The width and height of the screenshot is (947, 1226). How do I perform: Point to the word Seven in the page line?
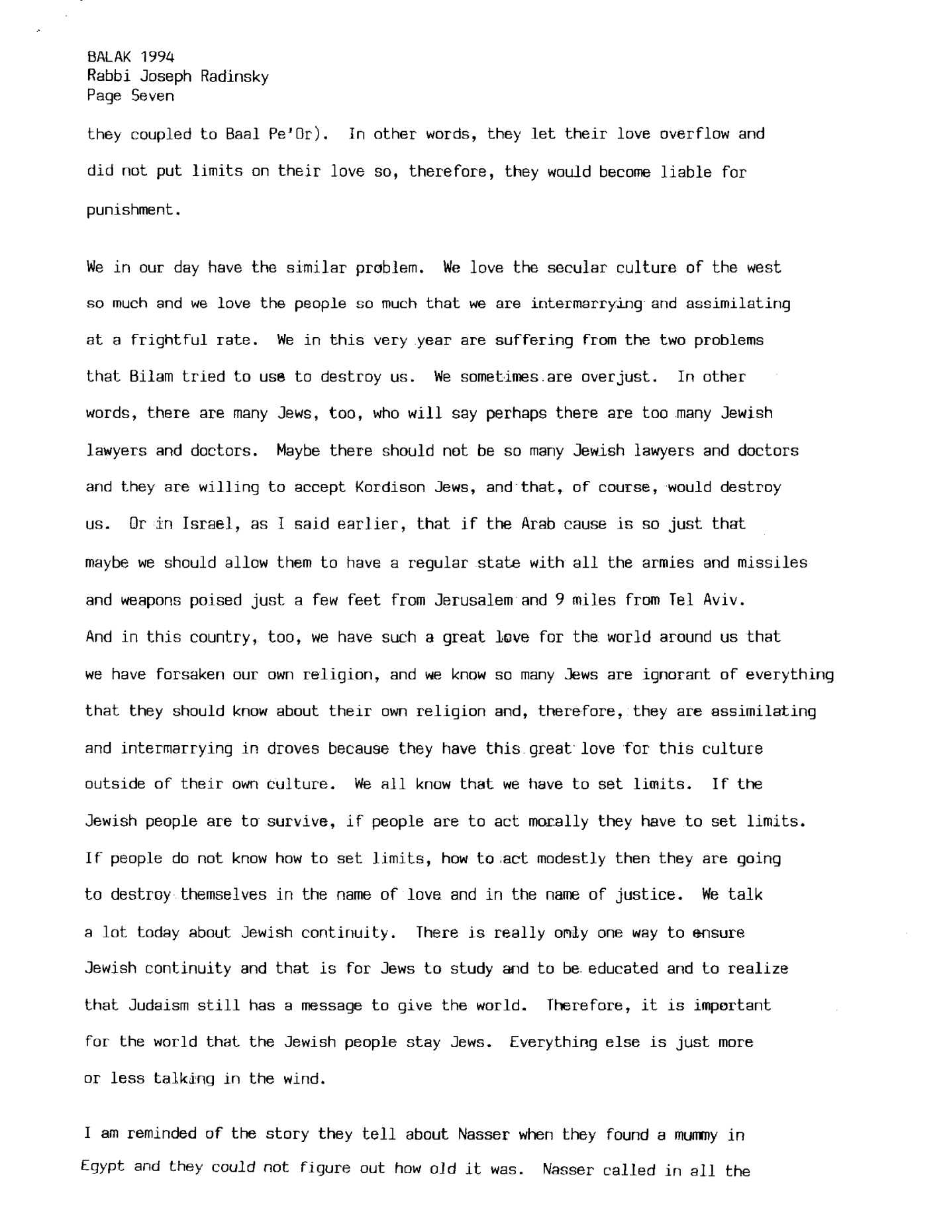(153, 96)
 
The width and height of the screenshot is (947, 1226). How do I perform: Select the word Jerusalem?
(474, 600)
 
